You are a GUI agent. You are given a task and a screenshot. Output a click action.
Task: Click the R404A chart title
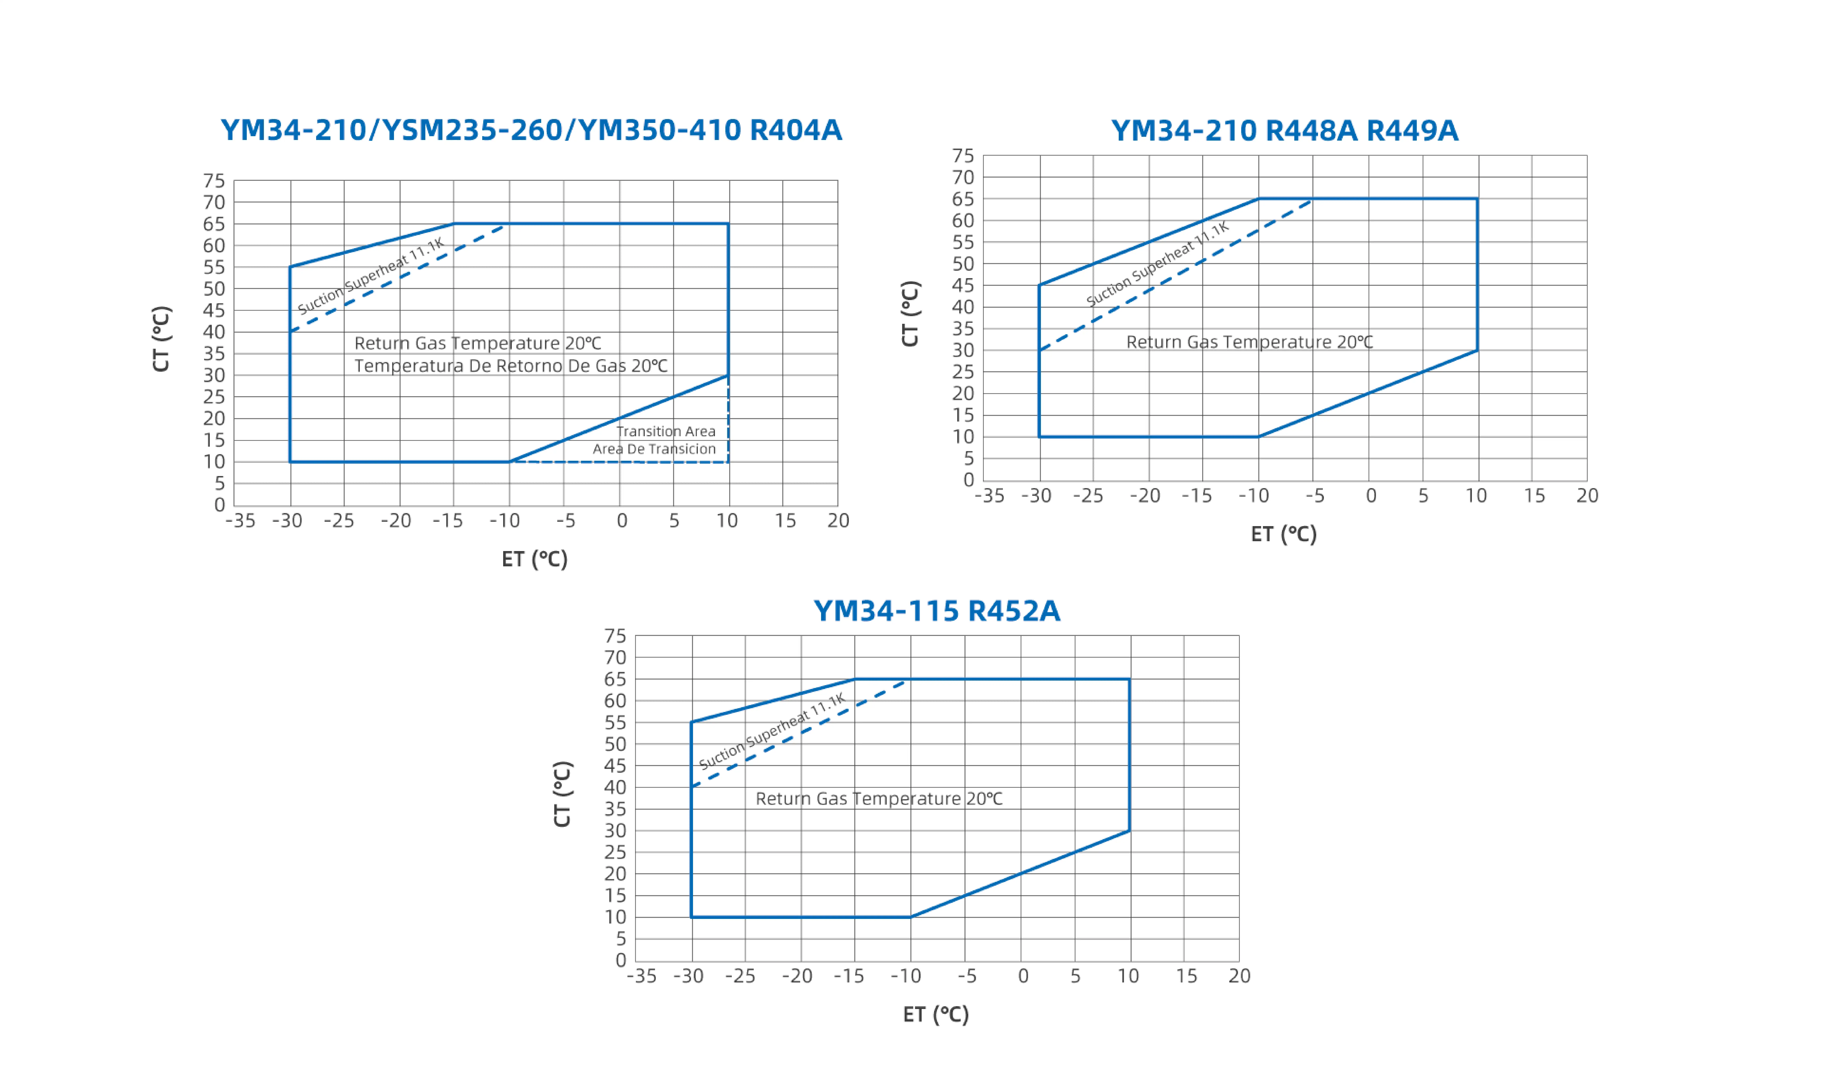pos(531,130)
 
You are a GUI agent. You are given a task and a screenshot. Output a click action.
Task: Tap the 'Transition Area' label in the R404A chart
pos(666,431)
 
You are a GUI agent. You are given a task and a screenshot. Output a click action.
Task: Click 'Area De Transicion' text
pos(654,449)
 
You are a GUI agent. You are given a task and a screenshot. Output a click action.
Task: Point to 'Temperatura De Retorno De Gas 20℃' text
pos(511,366)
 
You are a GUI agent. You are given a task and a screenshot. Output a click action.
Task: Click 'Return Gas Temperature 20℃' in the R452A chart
pos(879,799)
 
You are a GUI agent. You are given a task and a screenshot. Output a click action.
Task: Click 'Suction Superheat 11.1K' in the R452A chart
pos(772,732)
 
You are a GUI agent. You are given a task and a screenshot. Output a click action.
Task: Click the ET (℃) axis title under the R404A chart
pos(535,560)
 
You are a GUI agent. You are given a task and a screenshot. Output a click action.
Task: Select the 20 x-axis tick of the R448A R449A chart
pos(1587,496)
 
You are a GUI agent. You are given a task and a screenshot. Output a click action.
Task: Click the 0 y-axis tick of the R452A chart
pos(620,961)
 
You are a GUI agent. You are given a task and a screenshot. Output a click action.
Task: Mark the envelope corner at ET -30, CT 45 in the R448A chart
pos(1039,286)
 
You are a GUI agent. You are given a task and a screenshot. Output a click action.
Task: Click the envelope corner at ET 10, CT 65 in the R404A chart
pos(728,224)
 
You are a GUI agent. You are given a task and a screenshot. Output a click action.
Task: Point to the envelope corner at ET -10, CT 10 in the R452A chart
pos(910,917)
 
